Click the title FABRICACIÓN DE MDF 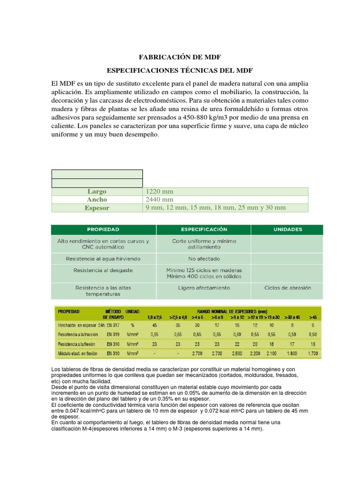point(180,57)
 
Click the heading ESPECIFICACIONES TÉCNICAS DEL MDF point(180,70)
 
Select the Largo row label point(97,191)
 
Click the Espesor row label point(97,208)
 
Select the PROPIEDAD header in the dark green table point(103,230)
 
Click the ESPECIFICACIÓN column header point(203,230)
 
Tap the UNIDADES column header point(287,230)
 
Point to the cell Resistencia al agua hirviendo point(103,259)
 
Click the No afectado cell point(203,259)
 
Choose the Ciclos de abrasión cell point(287,288)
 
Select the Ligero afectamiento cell point(203,288)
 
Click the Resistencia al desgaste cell point(103,270)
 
